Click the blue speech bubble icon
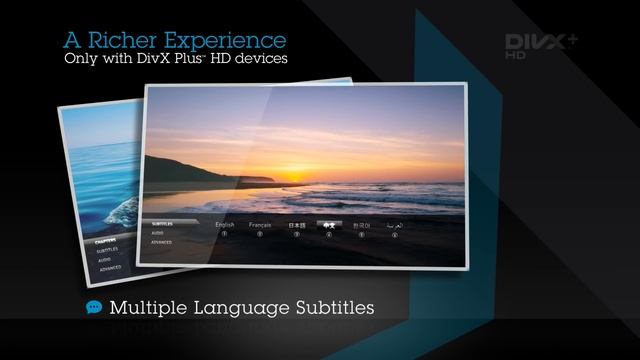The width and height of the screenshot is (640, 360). point(94,307)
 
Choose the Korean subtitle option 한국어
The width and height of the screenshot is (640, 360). point(361,226)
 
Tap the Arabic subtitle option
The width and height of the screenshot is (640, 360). point(396,226)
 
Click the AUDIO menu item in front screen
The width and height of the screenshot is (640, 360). point(158,232)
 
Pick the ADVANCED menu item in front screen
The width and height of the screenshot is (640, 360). point(162,242)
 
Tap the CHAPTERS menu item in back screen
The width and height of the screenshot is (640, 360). point(107,240)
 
